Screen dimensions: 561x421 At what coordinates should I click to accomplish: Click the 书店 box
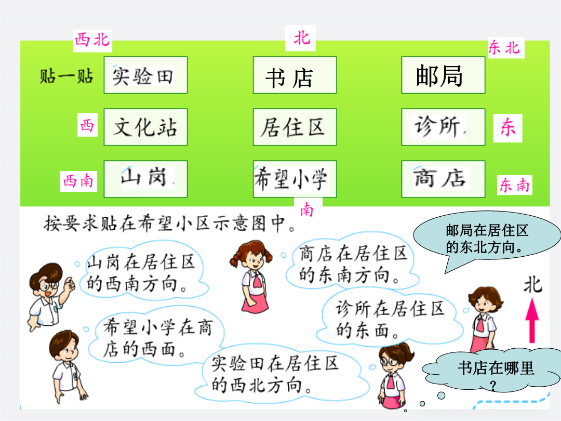pos(295,75)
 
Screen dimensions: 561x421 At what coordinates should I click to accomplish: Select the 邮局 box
pos(443,75)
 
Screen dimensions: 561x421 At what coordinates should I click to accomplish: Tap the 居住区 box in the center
pos(295,127)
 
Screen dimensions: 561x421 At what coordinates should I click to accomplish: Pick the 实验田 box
pos(145,75)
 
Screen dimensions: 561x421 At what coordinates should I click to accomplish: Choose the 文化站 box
pos(145,127)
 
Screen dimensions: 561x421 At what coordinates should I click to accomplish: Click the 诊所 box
pos(443,127)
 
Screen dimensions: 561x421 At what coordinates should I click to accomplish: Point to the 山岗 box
pos(145,179)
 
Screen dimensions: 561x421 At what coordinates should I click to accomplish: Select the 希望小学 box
pos(295,179)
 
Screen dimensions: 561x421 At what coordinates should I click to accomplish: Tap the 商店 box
pos(443,179)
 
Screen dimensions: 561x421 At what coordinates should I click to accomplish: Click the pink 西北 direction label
pos(92,41)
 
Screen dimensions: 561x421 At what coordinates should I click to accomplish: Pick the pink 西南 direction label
pos(78,181)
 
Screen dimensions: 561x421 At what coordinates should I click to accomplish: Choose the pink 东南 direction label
pos(514,185)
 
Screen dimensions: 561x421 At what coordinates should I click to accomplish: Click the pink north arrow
pos(532,320)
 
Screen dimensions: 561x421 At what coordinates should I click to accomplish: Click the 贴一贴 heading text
pos(66,76)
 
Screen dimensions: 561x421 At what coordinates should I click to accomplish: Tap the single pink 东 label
pos(507,128)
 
